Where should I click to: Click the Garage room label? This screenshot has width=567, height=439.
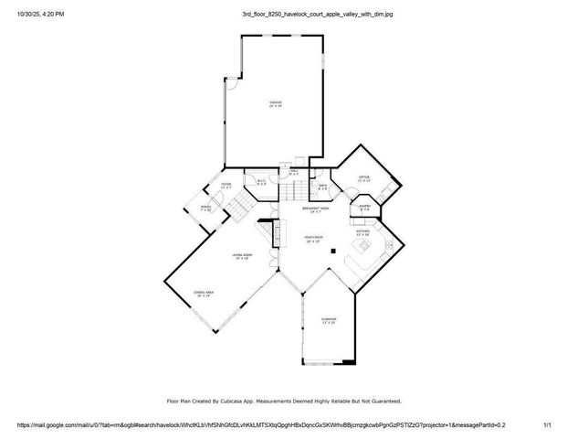tap(275, 102)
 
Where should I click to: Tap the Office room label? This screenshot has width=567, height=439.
tap(363, 177)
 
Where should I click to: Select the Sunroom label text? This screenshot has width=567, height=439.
tap(328, 318)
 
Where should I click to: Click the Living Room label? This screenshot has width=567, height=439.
tap(241, 255)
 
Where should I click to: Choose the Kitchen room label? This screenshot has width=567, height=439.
tap(362, 231)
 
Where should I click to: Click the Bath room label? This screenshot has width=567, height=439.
tap(322, 186)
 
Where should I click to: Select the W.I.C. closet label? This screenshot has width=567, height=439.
tap(260, 181)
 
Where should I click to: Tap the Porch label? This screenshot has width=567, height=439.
tap(206, 208)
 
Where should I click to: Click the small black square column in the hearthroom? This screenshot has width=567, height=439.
tap(334, 250)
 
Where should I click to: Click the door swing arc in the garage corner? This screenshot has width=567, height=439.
tap(231, 84)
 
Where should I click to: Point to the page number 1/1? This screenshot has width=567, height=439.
tap(548, 425)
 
